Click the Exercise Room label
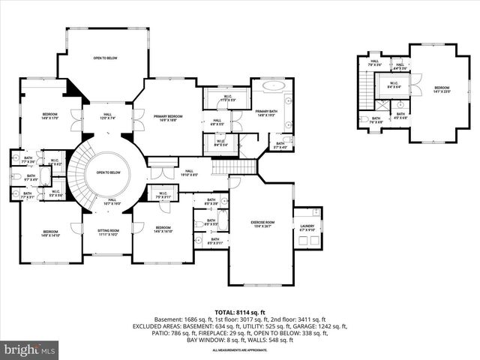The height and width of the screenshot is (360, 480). [x=259, y=223]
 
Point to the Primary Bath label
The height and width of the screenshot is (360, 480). [x=267, y=112]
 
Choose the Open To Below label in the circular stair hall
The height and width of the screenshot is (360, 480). [x=108, y=172]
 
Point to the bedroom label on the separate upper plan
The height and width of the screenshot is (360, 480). [x=442, y=89]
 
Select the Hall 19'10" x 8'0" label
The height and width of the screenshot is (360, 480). [x=188, y=173]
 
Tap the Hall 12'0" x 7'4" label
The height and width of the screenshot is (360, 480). [x=107, y=116]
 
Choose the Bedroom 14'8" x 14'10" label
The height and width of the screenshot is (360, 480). [x=50, y=233]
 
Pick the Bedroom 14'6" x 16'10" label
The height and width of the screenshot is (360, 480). [x=163, y=229]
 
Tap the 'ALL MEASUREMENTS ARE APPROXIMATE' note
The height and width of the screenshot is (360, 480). [x=240, y=350]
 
